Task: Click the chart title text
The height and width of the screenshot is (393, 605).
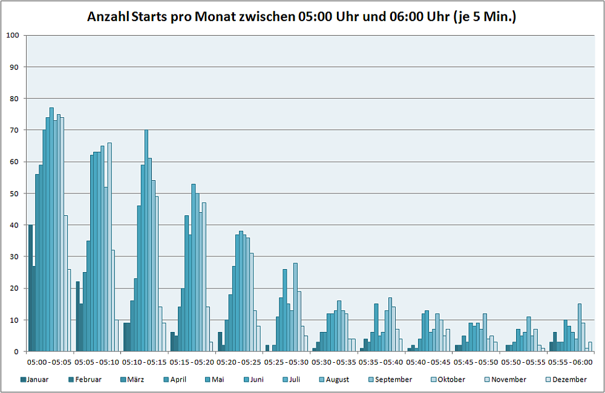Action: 301,16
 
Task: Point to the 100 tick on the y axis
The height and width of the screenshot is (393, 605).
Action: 13,35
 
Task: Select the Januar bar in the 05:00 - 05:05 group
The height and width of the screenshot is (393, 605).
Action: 30,288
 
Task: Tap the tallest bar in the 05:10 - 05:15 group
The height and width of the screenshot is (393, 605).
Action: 146,241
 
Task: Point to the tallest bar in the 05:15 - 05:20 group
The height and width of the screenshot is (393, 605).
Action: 194,268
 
